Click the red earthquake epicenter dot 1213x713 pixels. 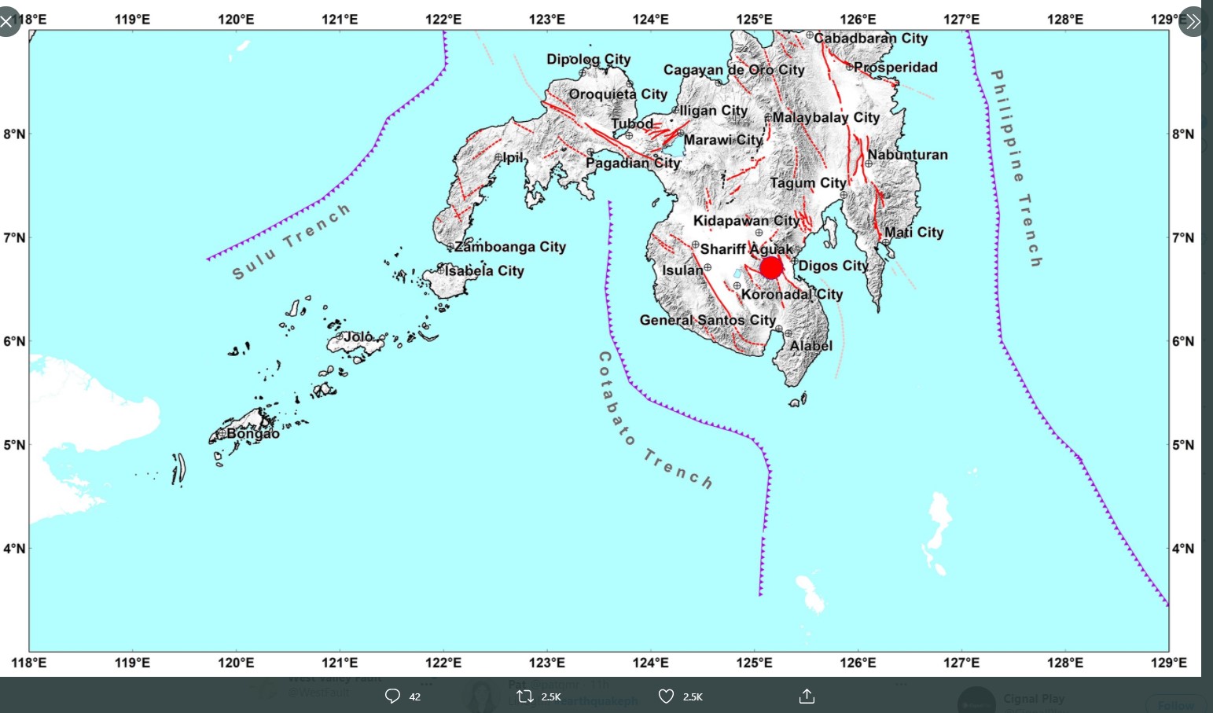(771, 268)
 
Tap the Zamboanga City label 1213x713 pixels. (510, 247)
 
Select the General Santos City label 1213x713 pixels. (708, 320)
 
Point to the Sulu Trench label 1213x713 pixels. (291, 241)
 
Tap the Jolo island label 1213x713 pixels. (358, 336)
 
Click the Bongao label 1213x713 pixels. (253, 433)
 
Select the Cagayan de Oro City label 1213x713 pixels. (734, 70)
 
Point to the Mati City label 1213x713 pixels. (913, 232)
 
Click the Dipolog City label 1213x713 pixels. (589, 59)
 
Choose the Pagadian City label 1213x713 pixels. (633, 163)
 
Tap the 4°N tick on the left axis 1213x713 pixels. (15, 548)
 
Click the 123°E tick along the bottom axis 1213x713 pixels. (547, 663)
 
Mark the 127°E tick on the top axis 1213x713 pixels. (961, 19)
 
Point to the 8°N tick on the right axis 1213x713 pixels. (1182, 134)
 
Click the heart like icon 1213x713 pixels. (666, 696)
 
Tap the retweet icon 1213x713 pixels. (525, 696)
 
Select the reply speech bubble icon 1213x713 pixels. (392, 696)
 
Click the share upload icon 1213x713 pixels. (807, 696)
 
